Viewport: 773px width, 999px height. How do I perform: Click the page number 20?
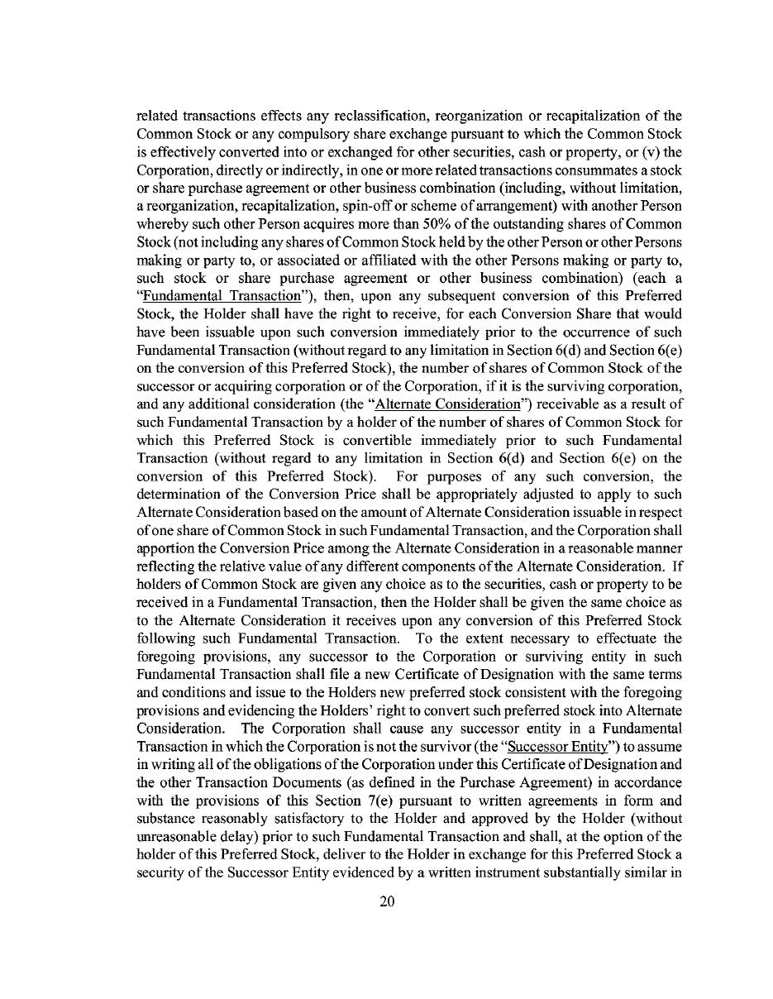click(x=387, y=901)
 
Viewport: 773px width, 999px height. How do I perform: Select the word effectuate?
click(x=620, y=638)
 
